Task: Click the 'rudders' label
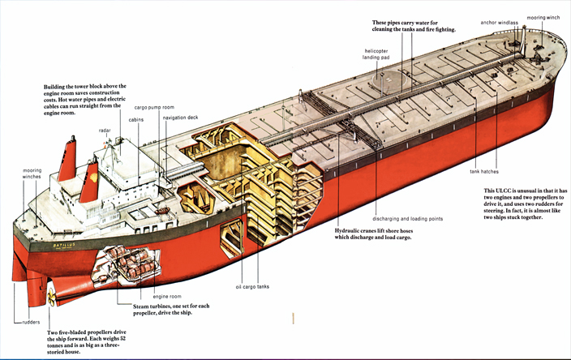pos(28,322)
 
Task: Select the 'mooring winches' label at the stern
pos(32,174)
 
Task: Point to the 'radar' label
pos(105,130)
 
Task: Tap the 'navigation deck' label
pos(181,118)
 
